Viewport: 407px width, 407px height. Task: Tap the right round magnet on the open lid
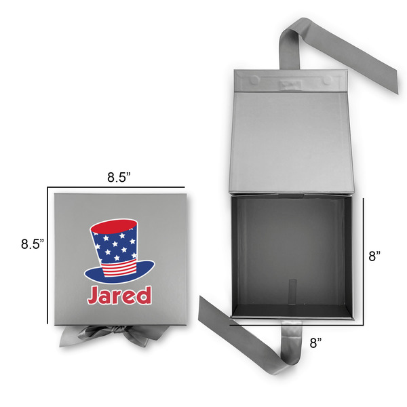pos(327,80)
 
